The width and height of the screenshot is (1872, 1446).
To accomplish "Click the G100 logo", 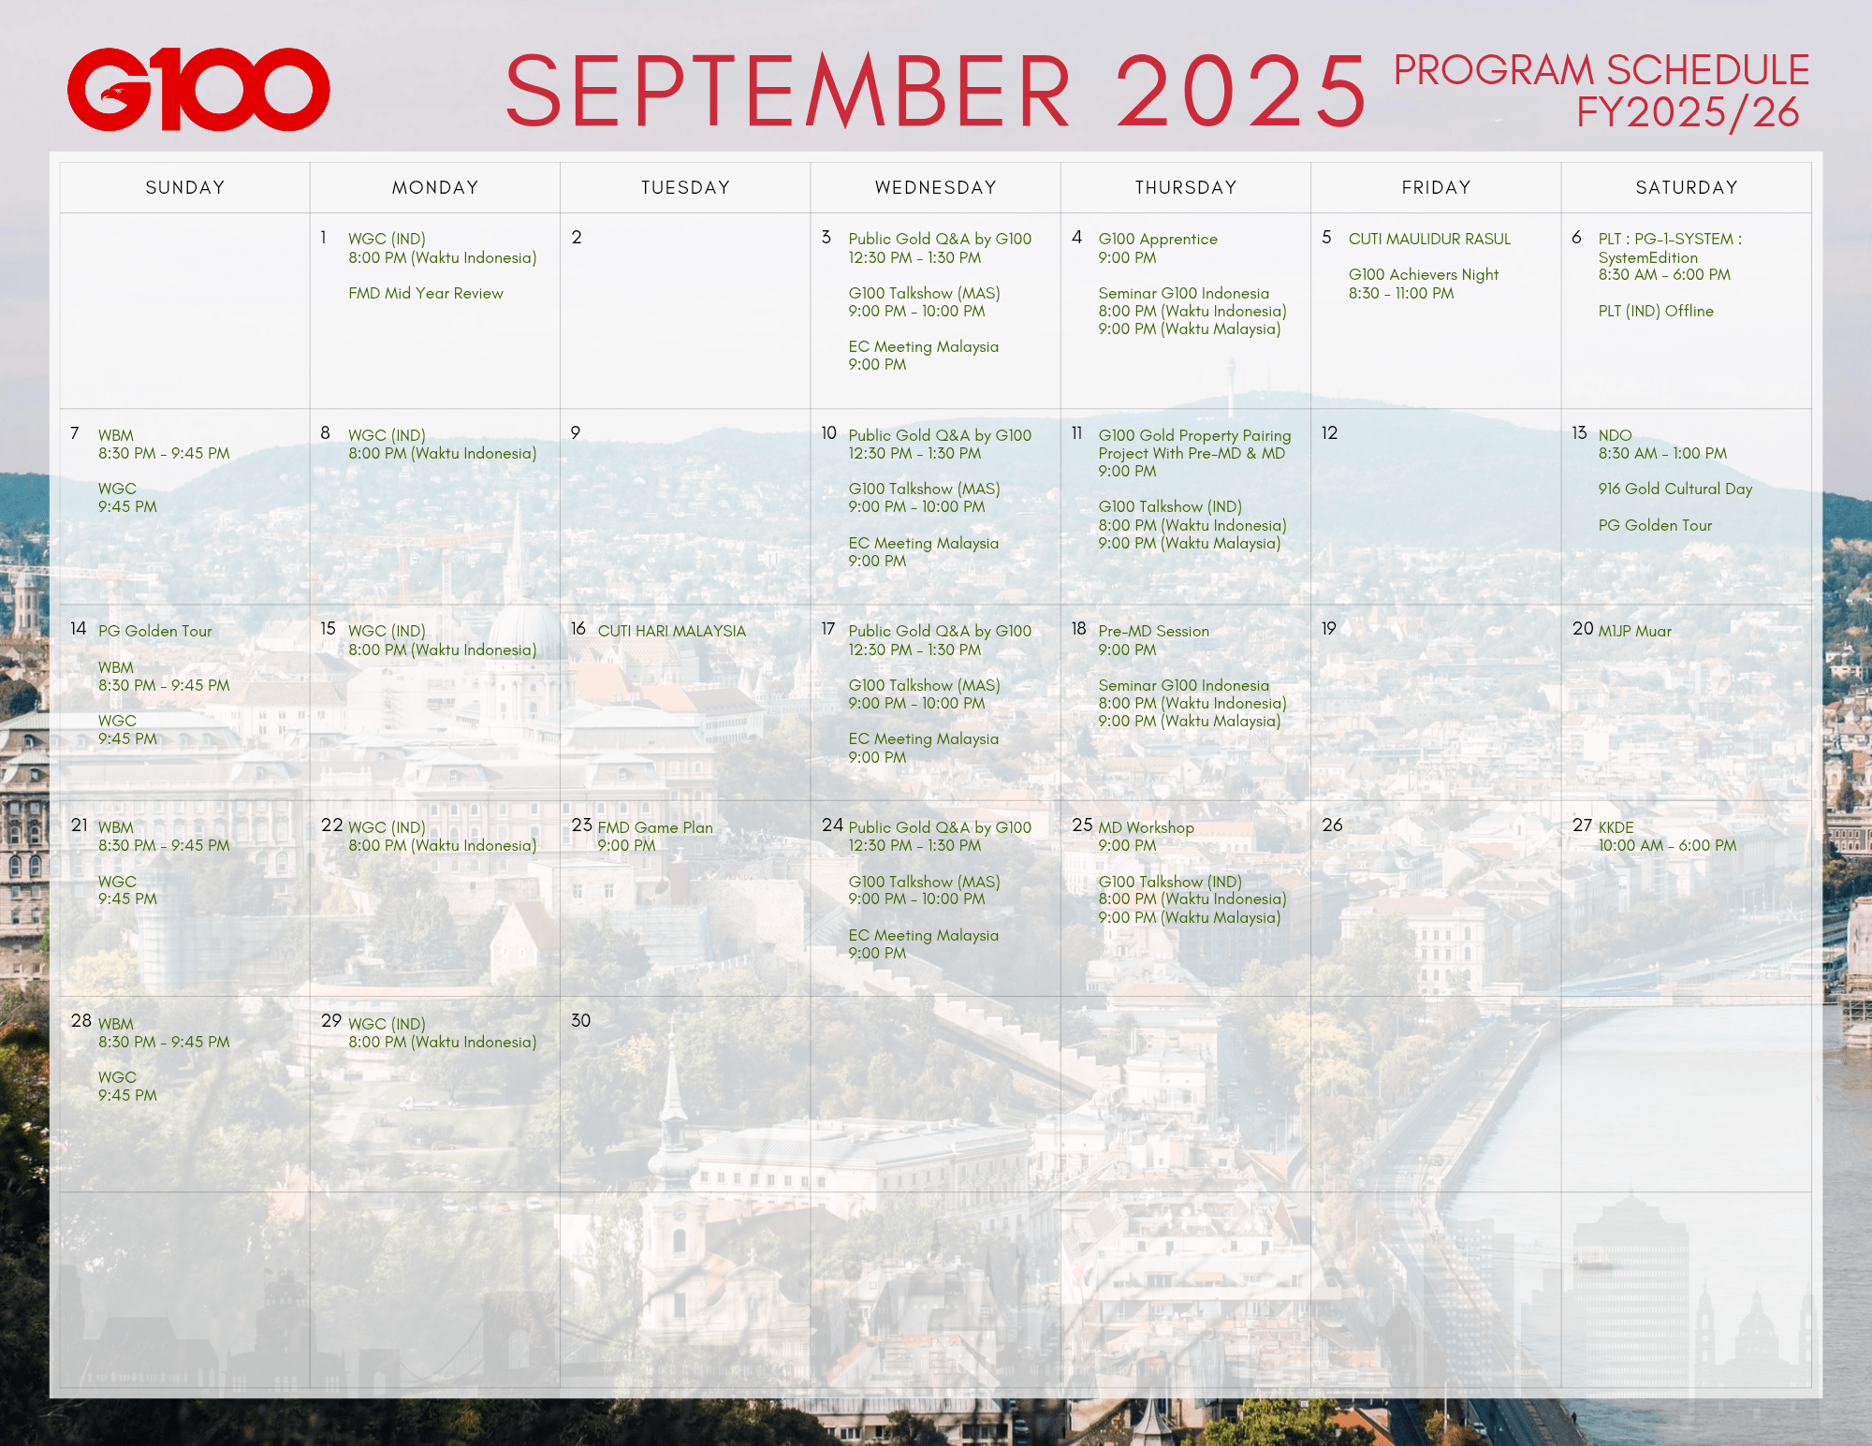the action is [x=198, y=89].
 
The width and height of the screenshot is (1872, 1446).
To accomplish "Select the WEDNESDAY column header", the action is [x=935, y=187].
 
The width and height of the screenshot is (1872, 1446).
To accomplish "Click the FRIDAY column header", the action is [x=1436, y=187].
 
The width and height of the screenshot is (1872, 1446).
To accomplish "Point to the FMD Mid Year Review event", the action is [x=426, y=293].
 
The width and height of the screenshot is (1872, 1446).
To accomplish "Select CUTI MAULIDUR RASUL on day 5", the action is [x=1429, y=239].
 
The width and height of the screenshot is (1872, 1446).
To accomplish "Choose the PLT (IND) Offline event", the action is [x=1656, y=311].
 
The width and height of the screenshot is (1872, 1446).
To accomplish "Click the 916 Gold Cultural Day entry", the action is [x=1675, y=489].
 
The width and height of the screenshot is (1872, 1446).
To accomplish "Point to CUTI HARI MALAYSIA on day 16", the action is [x=672, y=631].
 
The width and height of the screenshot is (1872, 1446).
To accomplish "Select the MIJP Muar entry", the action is [x=1634, y=631].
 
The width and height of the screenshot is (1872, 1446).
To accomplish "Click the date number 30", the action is [x=580, y=1020].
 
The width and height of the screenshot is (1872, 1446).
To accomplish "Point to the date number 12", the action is [x=1329, y=432].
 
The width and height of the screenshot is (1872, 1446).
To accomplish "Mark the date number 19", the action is [x=1329, y=628].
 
